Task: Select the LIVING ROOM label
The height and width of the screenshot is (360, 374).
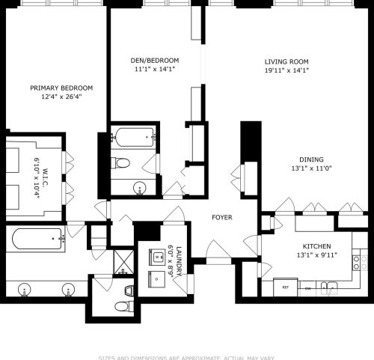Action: coord(286,61)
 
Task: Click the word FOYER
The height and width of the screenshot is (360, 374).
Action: coord(221,218)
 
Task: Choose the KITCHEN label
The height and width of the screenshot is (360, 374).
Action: coord(316,245)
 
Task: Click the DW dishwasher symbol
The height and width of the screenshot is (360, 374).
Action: coord(308,287)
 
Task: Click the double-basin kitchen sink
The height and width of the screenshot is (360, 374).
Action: coord(331,285)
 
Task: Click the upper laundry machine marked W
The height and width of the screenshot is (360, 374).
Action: coord(158,257)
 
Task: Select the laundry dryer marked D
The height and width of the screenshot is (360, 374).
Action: coord(158,278)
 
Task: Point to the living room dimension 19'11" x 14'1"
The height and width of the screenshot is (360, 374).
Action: coord(286,70)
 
